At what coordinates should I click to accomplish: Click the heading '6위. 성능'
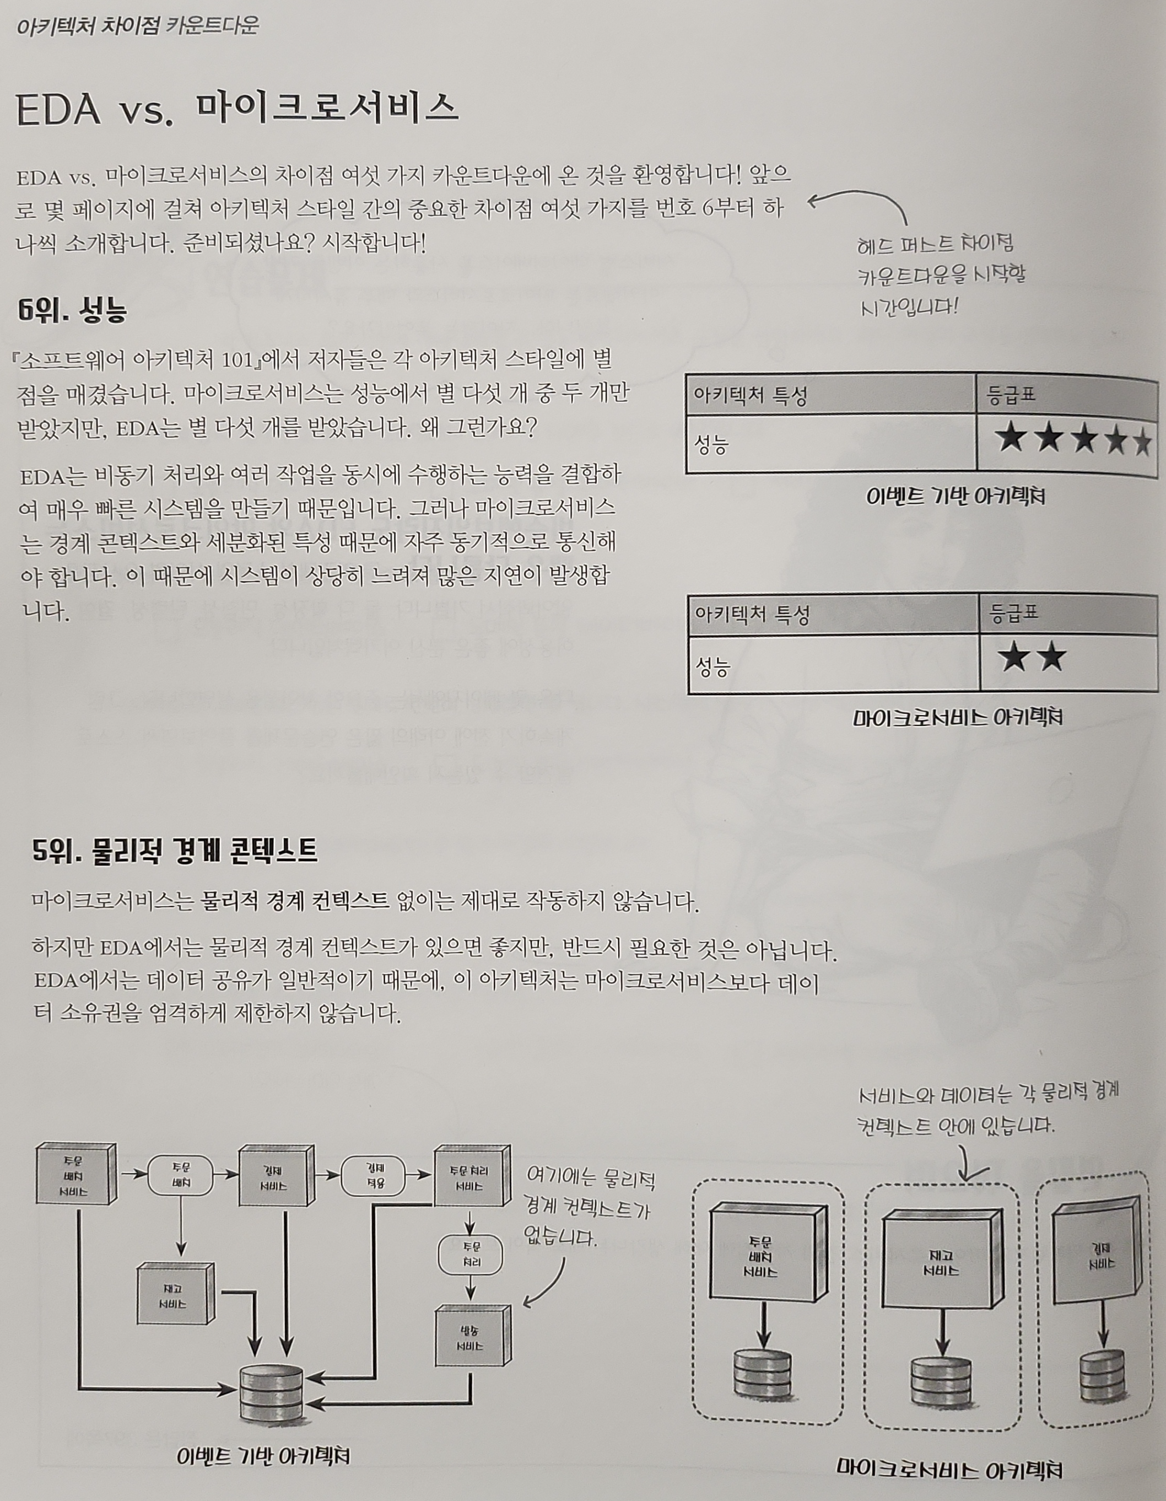point(73,311)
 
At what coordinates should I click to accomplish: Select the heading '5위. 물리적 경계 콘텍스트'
point(175,852)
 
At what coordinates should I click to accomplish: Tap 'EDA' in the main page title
point(58,109)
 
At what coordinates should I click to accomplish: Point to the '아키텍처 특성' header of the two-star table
point(752,613)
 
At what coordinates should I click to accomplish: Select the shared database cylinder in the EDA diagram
point(272,1391)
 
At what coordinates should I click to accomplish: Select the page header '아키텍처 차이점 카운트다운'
point(137,26)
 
